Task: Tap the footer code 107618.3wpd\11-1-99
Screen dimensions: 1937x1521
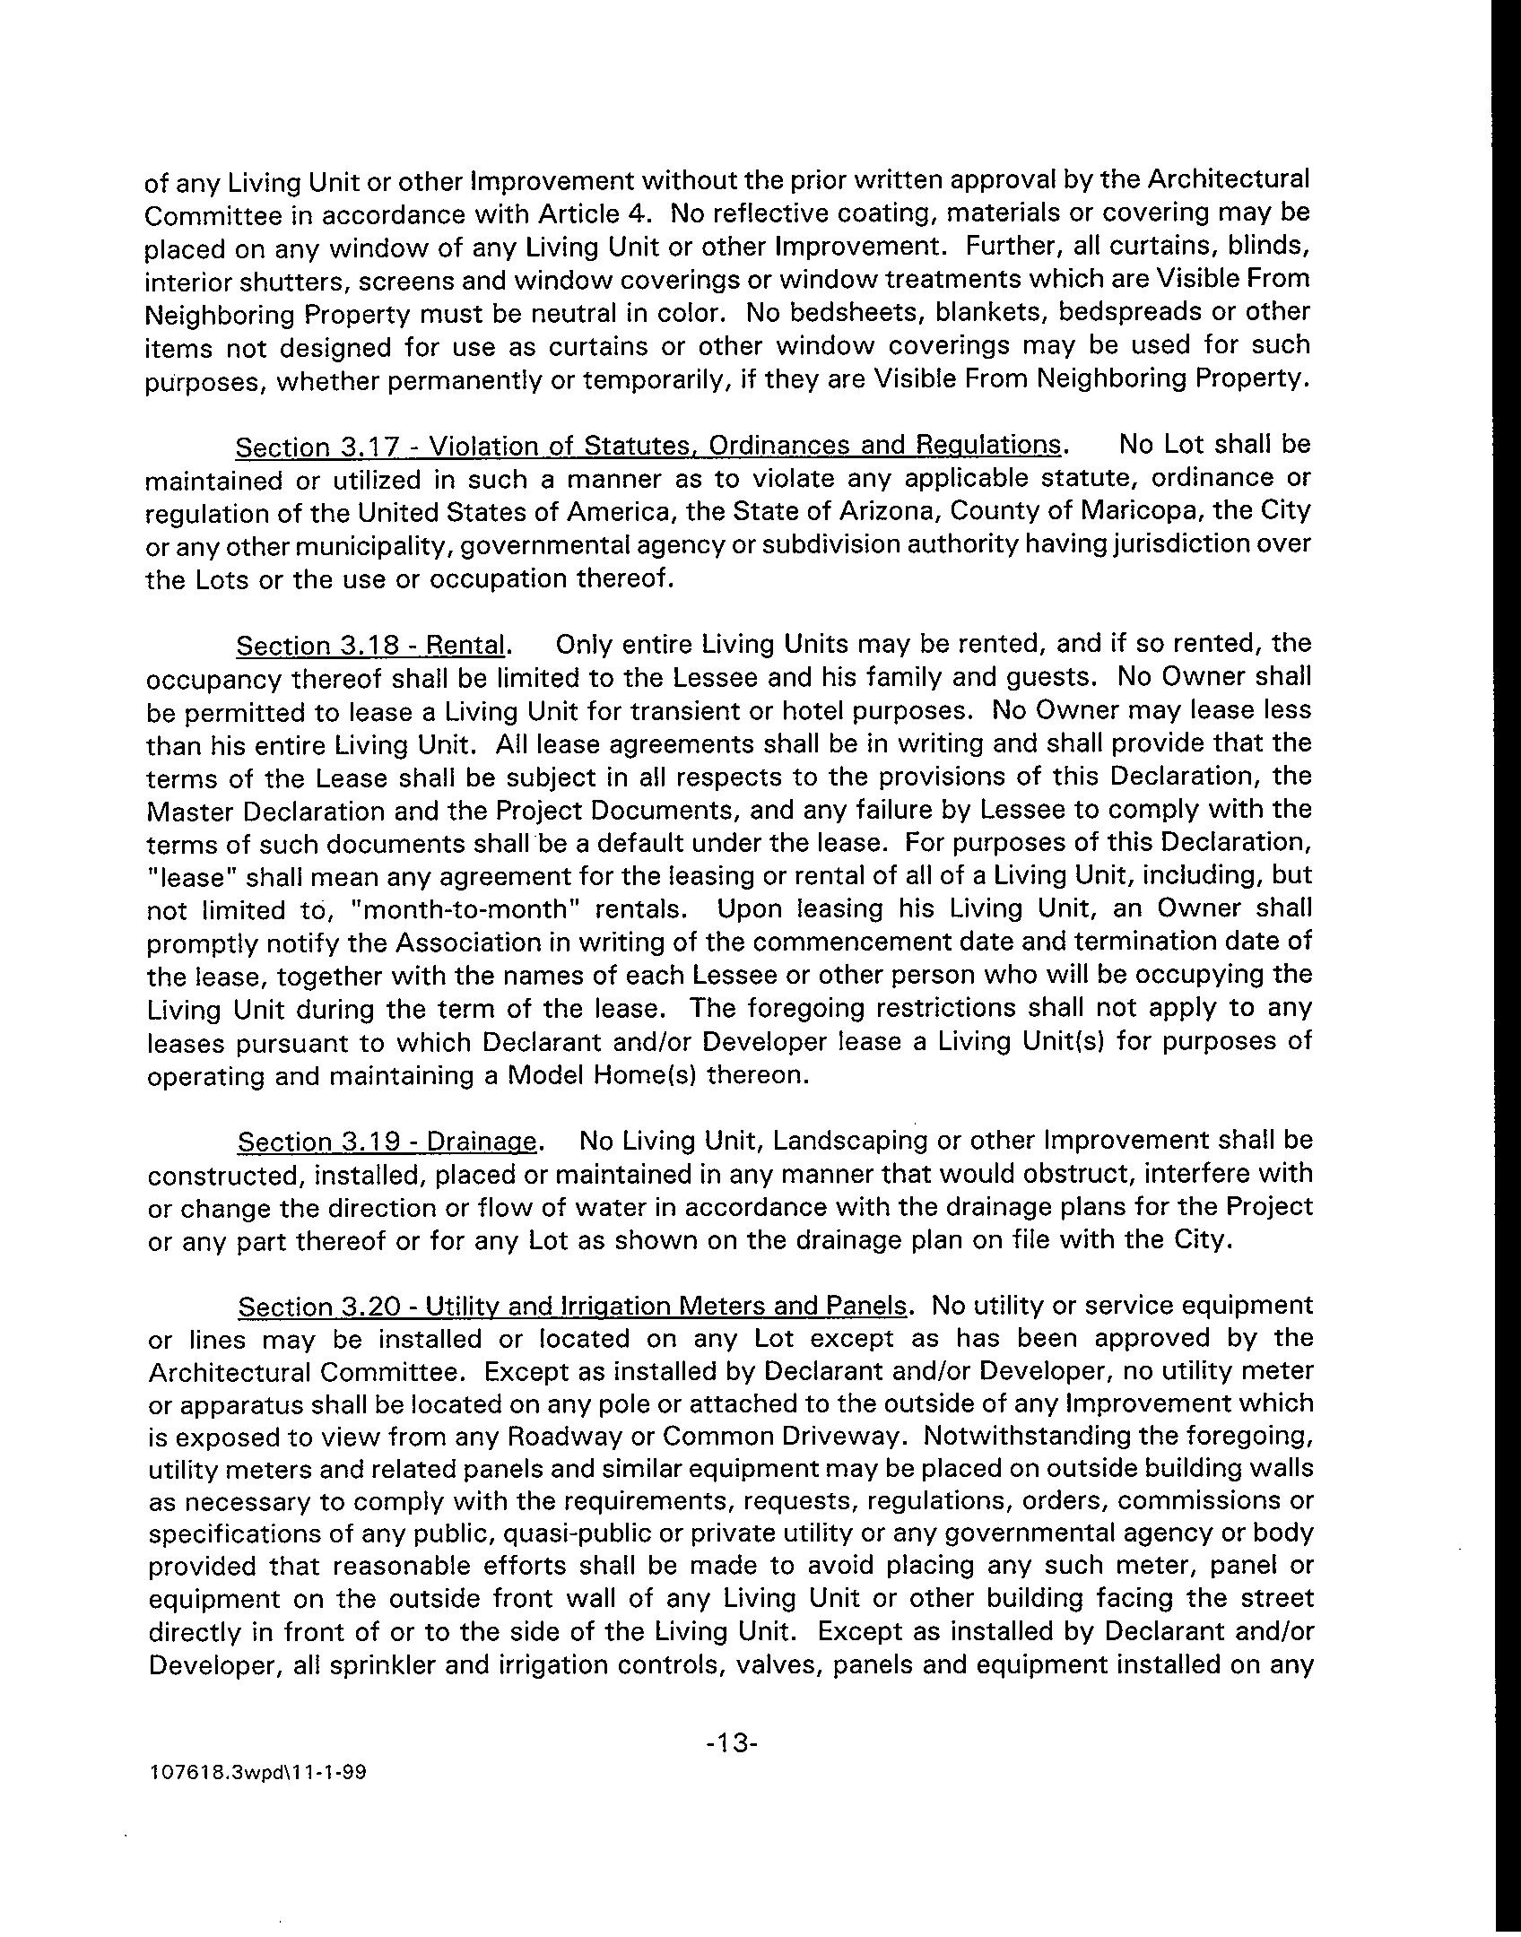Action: [x=259, y=1773]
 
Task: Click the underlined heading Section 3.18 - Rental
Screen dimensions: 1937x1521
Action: [x=371, y=645]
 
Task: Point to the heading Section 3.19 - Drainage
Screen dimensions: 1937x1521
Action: [x=387, y=1142]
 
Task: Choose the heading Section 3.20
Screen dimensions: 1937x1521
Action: [x=571, y=1307]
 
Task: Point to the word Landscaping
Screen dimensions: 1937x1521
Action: [x=851, y=1142]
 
